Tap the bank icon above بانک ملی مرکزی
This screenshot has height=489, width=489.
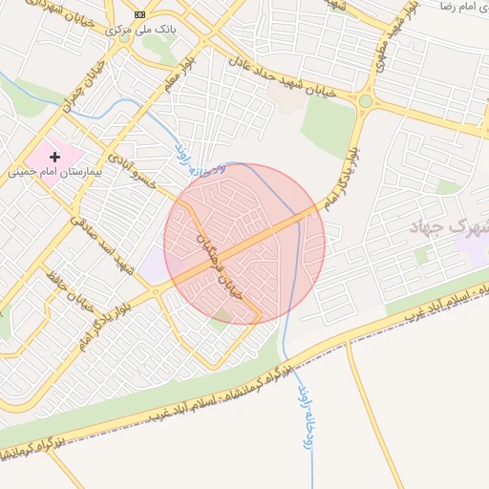141,14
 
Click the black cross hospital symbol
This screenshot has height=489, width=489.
54,156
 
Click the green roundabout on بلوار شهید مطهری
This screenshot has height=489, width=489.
365,100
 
